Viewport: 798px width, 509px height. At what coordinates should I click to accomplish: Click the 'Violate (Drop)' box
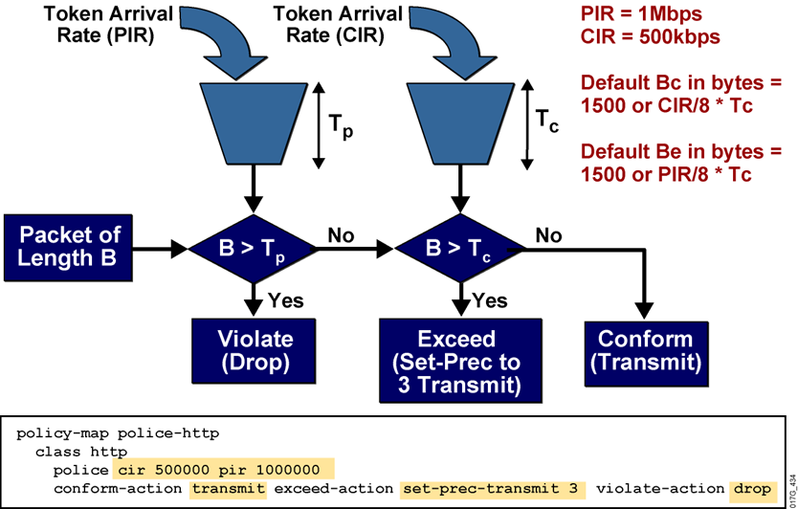click(x=254, y=350)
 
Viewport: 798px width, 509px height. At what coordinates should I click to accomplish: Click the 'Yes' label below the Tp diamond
click(x=286, y=301)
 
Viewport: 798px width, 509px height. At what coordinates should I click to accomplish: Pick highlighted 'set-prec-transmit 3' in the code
click(x=492, y=489)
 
